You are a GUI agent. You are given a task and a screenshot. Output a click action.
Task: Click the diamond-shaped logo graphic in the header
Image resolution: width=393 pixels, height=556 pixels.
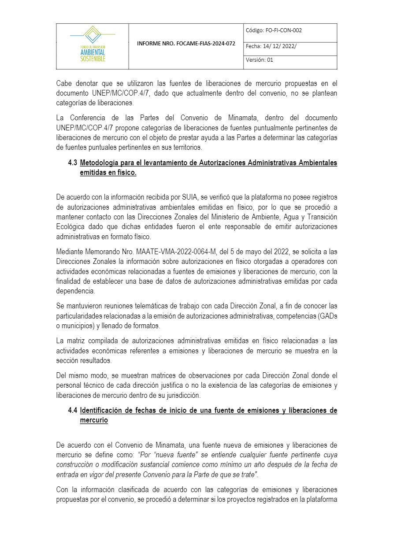coord(93,34)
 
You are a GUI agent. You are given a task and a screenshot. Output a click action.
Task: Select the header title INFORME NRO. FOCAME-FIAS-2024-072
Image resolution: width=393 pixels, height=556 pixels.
coord(186,44)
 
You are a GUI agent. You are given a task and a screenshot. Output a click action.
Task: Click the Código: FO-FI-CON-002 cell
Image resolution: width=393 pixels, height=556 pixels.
coord(274,30)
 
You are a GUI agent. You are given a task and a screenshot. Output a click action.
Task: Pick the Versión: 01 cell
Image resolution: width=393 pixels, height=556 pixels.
coord(260,60)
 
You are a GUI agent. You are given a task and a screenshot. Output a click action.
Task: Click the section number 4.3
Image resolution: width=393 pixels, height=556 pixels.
coord(73,163)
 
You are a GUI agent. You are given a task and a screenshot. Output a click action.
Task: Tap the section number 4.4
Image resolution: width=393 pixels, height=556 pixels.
coord(73,411)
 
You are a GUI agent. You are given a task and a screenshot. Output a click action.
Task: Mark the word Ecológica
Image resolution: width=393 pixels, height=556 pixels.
coord(71,226)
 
